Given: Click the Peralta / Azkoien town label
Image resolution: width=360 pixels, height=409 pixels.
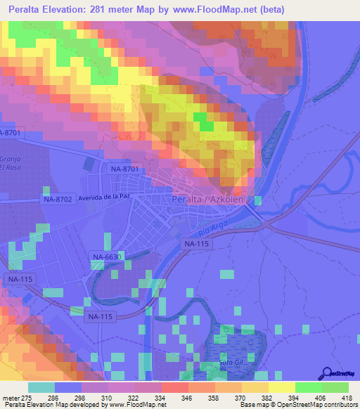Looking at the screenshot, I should (208, 199).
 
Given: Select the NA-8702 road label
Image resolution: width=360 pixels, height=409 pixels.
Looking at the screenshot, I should (58, 200).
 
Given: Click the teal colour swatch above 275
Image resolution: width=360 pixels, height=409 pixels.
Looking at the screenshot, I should (41, 387).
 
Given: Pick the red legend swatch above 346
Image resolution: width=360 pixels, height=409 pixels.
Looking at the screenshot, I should (174, 387).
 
